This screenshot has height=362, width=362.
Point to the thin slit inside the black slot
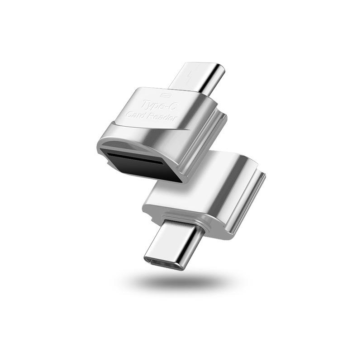tap(136, 158)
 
